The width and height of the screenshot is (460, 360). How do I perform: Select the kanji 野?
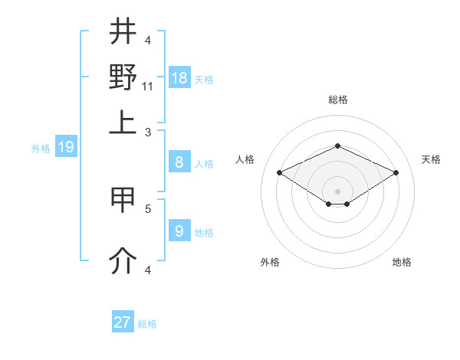123,77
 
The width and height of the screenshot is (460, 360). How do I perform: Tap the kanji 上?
123,123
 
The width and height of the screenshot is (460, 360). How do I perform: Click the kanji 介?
123,261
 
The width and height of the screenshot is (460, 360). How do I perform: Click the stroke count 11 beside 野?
148,86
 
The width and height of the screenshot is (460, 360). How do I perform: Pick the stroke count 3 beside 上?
148,132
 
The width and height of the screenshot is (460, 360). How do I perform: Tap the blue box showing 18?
179,78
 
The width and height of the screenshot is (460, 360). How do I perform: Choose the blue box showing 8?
179,162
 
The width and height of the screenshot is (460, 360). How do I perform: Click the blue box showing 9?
179,231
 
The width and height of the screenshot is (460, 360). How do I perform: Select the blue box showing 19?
66,147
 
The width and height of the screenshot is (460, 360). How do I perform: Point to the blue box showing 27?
123,322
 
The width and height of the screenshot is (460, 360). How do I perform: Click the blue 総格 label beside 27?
147,324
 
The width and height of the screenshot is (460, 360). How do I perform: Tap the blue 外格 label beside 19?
41,149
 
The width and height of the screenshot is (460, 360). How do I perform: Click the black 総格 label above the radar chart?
337,100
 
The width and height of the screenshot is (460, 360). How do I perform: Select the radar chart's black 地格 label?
402,262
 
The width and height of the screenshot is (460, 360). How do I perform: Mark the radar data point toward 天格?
396,173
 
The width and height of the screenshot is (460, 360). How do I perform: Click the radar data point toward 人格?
279,173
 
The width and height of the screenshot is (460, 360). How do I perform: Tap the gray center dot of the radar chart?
337,191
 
